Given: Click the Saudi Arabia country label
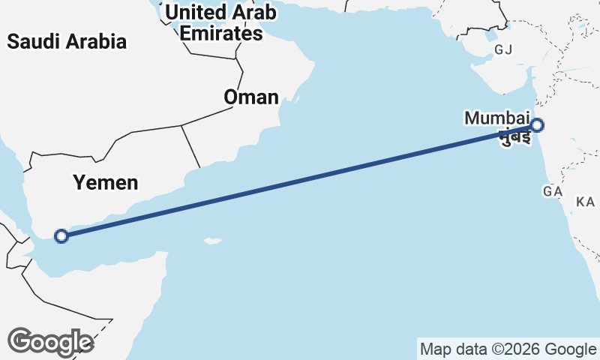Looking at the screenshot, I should pyautogui.click(x=67, y=42).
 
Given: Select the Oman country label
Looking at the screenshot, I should pyautogui.click(x=251, y=97).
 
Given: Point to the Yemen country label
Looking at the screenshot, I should pyautogui.click(x=106, y=182).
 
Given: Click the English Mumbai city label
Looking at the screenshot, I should pyautogui.click(x=496, y=118).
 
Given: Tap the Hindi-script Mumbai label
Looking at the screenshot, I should pyautogui.click(x=514, y=138).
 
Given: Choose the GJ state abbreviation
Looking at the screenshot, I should pyautogui.click(x=502, y=50).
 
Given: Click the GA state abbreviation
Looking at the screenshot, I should pyautogui.click(x=553, y=192).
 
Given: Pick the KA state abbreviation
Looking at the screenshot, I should pyautogui.click(x=585, y=202).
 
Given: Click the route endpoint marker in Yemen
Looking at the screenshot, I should pyautogui.click(x=62, y=236).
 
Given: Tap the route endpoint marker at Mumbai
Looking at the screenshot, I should pyautogui.click(x=537, y=125).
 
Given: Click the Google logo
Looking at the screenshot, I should pyautogui.click(x=50, y=341).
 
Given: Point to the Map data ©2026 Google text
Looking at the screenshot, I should pyautogui.click(x=508, y=349).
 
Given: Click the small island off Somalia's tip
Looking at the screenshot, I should pyautogui.click(x=214, y=241).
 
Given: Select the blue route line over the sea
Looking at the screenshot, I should pyautogui.click(x=300, y=181).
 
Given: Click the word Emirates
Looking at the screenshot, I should pyautogui.click(x=222, y=34).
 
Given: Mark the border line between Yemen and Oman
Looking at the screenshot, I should pyautogui.click(x=190, y=146).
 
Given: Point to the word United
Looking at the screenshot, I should pyautogui.click(x=193, y=12).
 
